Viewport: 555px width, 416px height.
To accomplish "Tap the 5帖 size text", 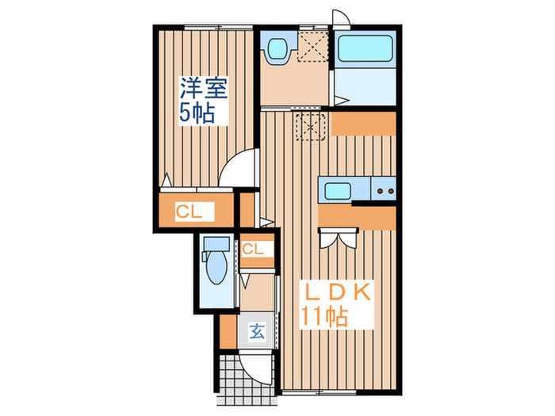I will (x=197, y=112).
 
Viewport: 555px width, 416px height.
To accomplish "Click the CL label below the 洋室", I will (x=189, y=212).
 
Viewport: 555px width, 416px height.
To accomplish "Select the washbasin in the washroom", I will (x=277, y=50).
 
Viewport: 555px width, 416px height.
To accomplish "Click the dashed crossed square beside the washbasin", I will (x=312, y=45).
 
